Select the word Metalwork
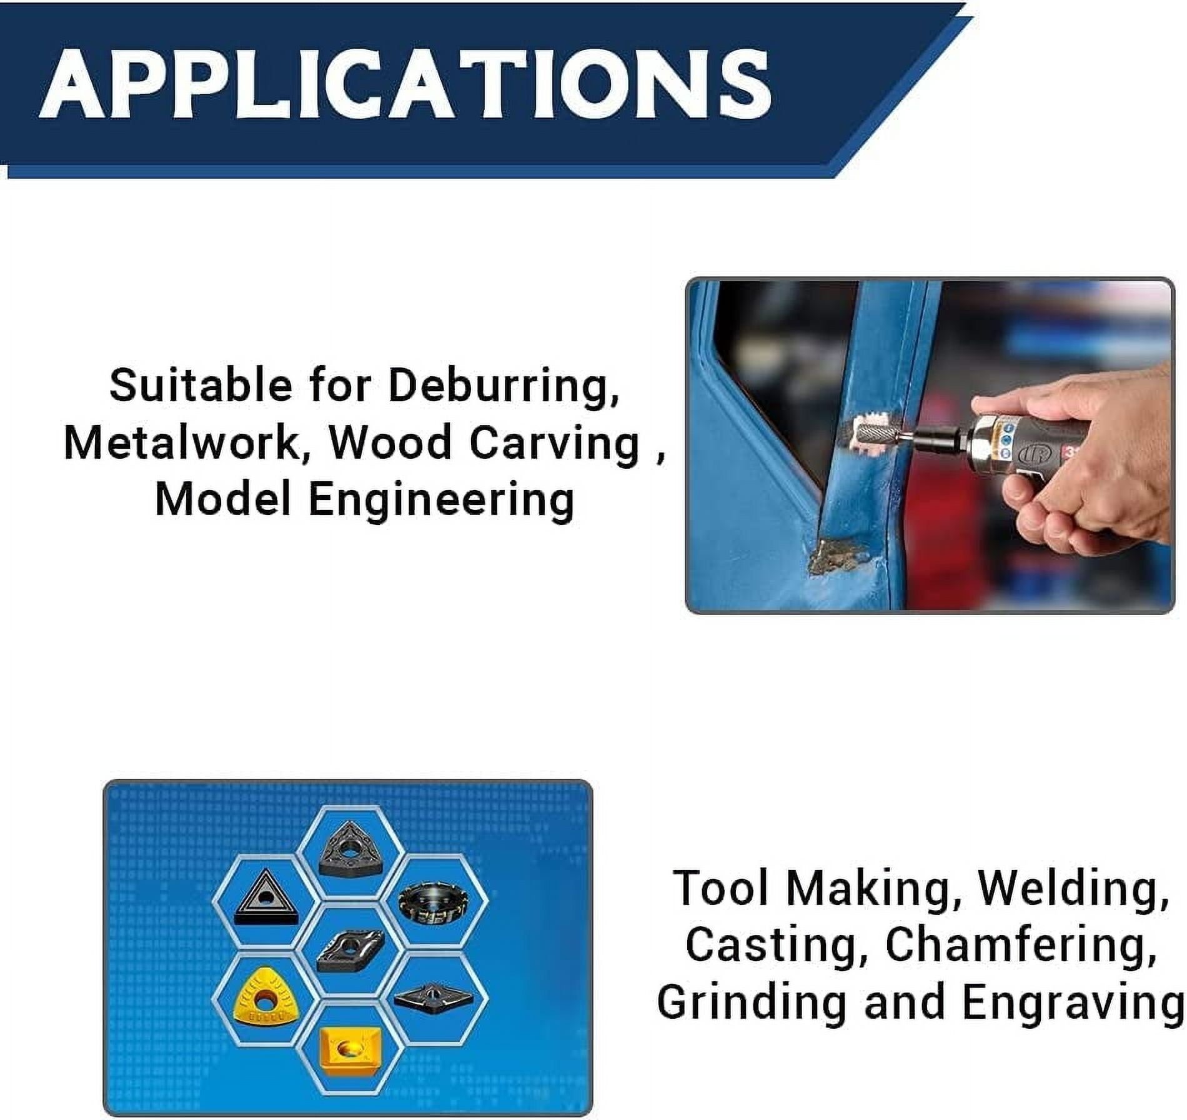pos(182,442)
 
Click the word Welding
pos(1073,888)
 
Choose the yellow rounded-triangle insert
pos(264,1001)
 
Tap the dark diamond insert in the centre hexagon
pos(349,949)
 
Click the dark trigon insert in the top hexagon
pos(348,849)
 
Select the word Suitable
pos(201,385)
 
